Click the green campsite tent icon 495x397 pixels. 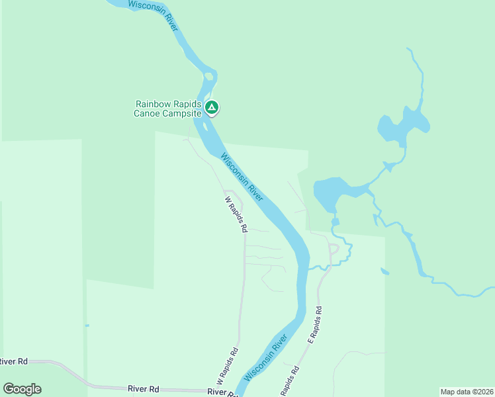[x=211, y=107]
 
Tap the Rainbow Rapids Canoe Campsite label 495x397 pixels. [x=168, y=109]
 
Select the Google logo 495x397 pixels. [x=22, y=389]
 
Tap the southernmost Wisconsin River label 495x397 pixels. [x=265, y=357]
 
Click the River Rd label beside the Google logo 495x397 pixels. [x=13, y=361]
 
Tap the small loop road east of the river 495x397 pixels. [x=334, y=249]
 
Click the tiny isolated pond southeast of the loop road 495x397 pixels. [x=384, y=271]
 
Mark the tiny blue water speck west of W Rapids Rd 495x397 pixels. [x=87, y=325]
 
